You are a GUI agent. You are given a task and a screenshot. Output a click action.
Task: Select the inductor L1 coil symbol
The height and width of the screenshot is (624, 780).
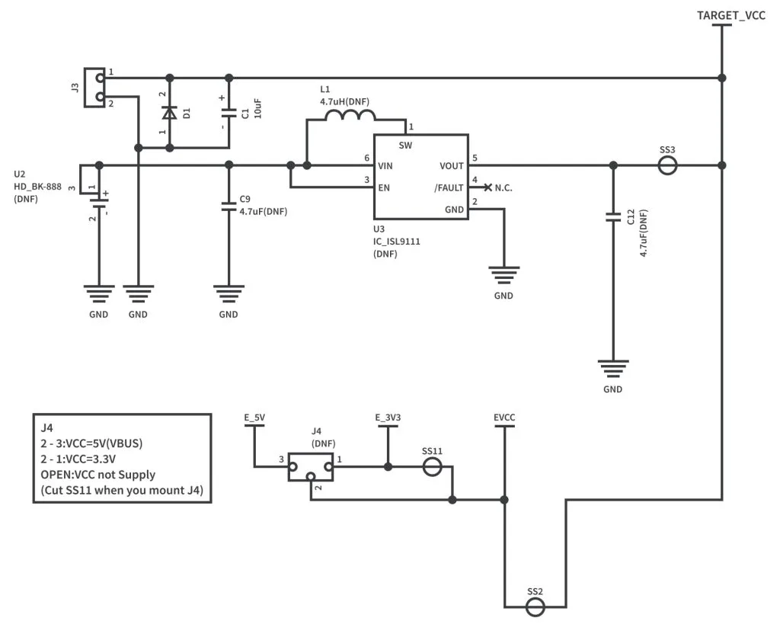350,116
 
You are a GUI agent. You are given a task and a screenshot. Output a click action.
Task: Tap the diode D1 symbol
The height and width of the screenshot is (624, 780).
169,113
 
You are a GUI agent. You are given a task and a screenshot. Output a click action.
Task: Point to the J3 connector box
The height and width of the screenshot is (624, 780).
94,87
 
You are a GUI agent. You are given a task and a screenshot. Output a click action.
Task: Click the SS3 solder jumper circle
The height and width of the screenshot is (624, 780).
667,165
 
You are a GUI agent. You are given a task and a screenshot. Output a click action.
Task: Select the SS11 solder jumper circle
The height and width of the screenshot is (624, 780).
432,466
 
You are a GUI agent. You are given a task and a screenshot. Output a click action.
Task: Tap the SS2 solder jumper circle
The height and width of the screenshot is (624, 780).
535,606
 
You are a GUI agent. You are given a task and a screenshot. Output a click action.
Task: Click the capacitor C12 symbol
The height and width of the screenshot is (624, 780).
612,217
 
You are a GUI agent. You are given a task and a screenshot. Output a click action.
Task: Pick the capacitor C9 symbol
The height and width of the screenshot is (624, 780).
229,205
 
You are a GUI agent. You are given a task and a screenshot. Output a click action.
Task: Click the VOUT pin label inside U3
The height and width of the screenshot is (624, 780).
451,165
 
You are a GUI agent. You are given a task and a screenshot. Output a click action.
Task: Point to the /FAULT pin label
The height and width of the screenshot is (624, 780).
449,187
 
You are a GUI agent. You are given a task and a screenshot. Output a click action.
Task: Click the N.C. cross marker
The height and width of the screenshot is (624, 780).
487,187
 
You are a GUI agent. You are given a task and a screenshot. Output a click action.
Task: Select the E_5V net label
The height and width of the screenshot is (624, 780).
254,417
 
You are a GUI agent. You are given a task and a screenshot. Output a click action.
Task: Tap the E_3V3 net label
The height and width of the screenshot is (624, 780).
388,417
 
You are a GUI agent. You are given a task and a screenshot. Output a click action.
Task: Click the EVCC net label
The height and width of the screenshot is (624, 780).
504,417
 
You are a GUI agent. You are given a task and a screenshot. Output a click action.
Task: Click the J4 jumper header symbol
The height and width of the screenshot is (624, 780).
311,468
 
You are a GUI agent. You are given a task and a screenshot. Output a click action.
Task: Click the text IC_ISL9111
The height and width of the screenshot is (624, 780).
396,241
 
